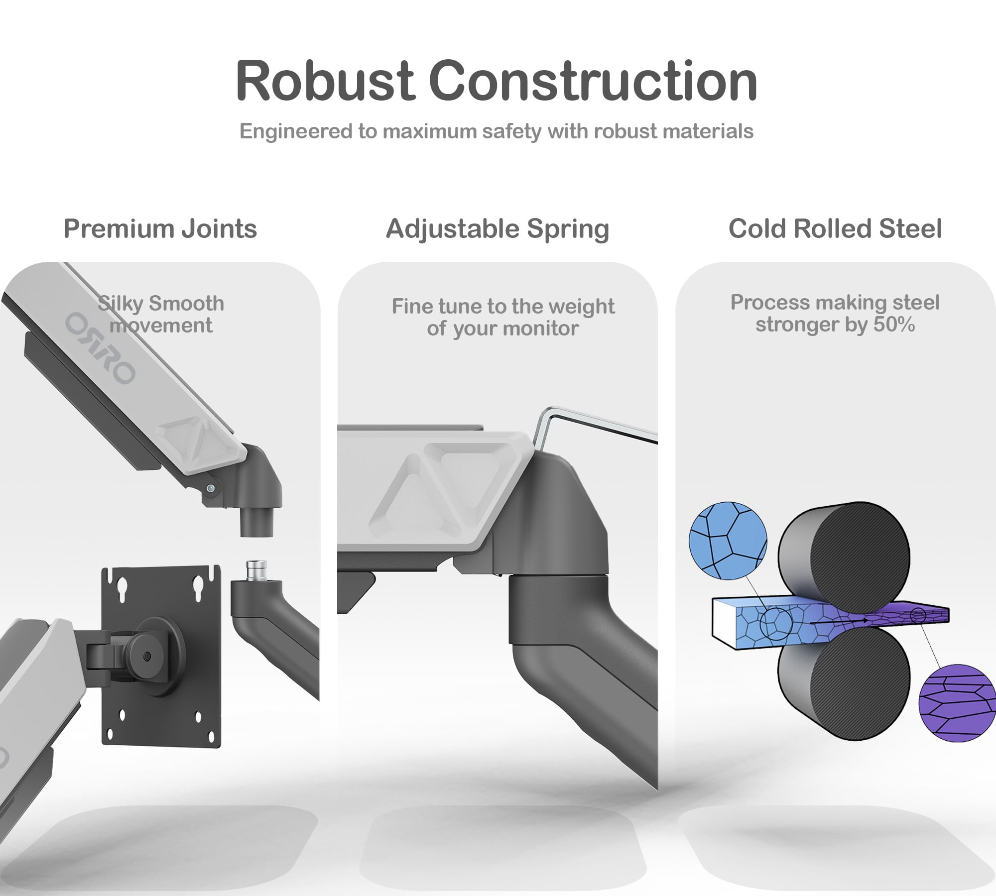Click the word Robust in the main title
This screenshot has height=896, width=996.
point(324,81)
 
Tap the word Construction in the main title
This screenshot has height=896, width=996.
point(593,81)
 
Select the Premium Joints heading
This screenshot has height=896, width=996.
point(160,229)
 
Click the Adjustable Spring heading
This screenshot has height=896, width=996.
point(498,229)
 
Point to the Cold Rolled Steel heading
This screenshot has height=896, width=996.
point(835,229)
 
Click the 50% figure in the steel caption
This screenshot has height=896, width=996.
point(894,325)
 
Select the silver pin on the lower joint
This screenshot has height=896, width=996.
point(256,570)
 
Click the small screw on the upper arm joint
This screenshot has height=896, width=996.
point(212,489)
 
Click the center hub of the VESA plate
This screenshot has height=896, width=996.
point(146,656)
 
